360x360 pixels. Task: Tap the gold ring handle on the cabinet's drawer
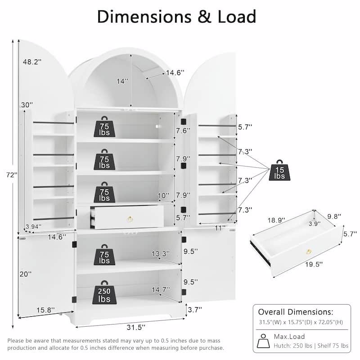(x=129, y=219)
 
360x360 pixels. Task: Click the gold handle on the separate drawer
(x=310, y=251)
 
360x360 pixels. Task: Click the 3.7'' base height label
(x=194, y=309)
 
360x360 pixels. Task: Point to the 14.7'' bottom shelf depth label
(x=161, y=290)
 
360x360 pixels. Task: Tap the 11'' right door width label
(x=220, y=228)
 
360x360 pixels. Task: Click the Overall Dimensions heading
(x=295, y=311)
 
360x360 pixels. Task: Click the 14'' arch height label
(x=122, y=81)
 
